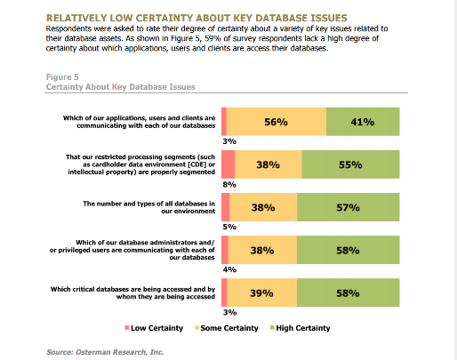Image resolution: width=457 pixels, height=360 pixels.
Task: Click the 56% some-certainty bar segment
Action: click(277, 122)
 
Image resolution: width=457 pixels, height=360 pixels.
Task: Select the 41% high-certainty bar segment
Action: click(363, 122)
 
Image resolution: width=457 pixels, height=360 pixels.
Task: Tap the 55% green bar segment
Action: click(350, 164)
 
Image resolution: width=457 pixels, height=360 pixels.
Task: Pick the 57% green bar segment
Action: click(349, 207)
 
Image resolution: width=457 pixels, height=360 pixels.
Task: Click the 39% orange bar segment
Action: click(262, 292)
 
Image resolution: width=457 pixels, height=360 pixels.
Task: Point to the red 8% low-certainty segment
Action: click(228, 164)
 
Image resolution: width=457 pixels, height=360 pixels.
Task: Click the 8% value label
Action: click(229, 185)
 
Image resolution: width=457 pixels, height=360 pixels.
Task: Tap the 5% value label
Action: click(229, 227)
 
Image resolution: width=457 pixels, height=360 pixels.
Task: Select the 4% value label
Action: click(229, 269)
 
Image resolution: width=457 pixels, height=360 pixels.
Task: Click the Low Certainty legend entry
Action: click(154, 328)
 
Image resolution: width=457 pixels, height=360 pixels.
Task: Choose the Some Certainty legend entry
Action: click(227, 328)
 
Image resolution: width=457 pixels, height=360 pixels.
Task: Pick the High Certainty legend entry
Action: click(301, 328)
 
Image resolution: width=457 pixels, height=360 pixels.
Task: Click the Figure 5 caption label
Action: click(62, 77)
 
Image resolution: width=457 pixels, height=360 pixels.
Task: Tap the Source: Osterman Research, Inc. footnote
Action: click(105, 352)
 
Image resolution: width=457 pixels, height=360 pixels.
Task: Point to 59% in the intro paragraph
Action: click(212, 38)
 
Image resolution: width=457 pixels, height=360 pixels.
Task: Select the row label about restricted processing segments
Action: click(141, 164)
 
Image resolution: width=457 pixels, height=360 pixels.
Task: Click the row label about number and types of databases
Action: click(148, 207)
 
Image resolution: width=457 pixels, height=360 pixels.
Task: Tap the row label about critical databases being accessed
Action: click(132, 292)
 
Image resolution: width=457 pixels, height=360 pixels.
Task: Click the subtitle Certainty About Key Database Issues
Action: click(121, 87)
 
